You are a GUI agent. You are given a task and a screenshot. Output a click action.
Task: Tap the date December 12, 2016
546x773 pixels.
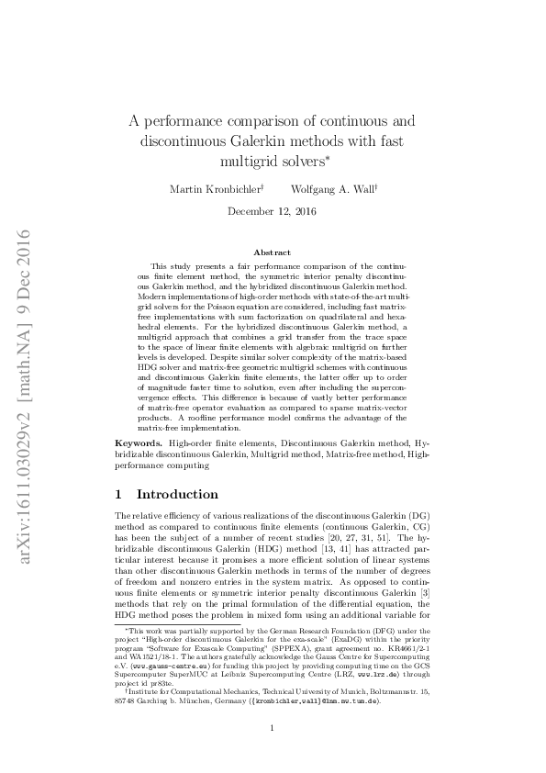(272, 211)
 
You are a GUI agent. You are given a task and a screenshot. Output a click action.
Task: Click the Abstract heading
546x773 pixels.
(272, 252)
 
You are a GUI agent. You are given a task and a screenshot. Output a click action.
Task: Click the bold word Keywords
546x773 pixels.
(138, 443)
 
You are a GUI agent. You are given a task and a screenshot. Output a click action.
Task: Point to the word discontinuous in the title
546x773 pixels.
(183, 141)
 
